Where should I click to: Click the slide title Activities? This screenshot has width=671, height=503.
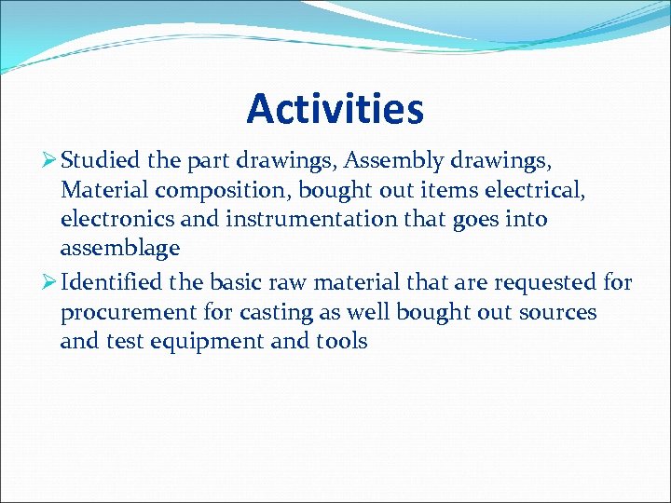tap(335, 109)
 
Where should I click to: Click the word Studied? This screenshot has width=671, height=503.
tap(101, 160)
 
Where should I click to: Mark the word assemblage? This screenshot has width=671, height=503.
tap(118, 250)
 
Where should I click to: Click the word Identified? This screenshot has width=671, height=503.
tap(112, 282)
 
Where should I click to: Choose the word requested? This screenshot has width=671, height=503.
tap(548, 282)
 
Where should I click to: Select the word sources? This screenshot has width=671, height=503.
tap(555, 312)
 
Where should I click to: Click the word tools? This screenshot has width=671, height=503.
tap(341, 342)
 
